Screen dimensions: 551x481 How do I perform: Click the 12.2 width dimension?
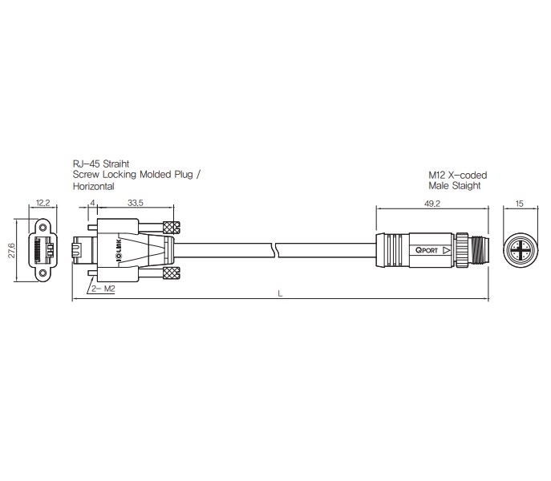click(x=43, y=203)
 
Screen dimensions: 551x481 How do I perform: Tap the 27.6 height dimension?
click(x=12, y=250)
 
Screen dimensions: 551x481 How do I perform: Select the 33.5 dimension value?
click(x=136, y=203)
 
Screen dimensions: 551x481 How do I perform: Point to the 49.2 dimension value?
click(x=432, y=204)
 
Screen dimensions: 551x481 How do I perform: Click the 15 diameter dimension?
click(x=520, y=204)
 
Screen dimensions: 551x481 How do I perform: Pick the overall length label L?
click(x=280, y=293)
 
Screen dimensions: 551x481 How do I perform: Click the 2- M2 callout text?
click(x=103, y=289)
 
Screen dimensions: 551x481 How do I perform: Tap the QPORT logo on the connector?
click(x=427, y=250)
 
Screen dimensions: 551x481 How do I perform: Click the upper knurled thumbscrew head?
click(x=172, y=228)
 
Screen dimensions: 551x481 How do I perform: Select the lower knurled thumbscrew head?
click(x=172, y=273)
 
